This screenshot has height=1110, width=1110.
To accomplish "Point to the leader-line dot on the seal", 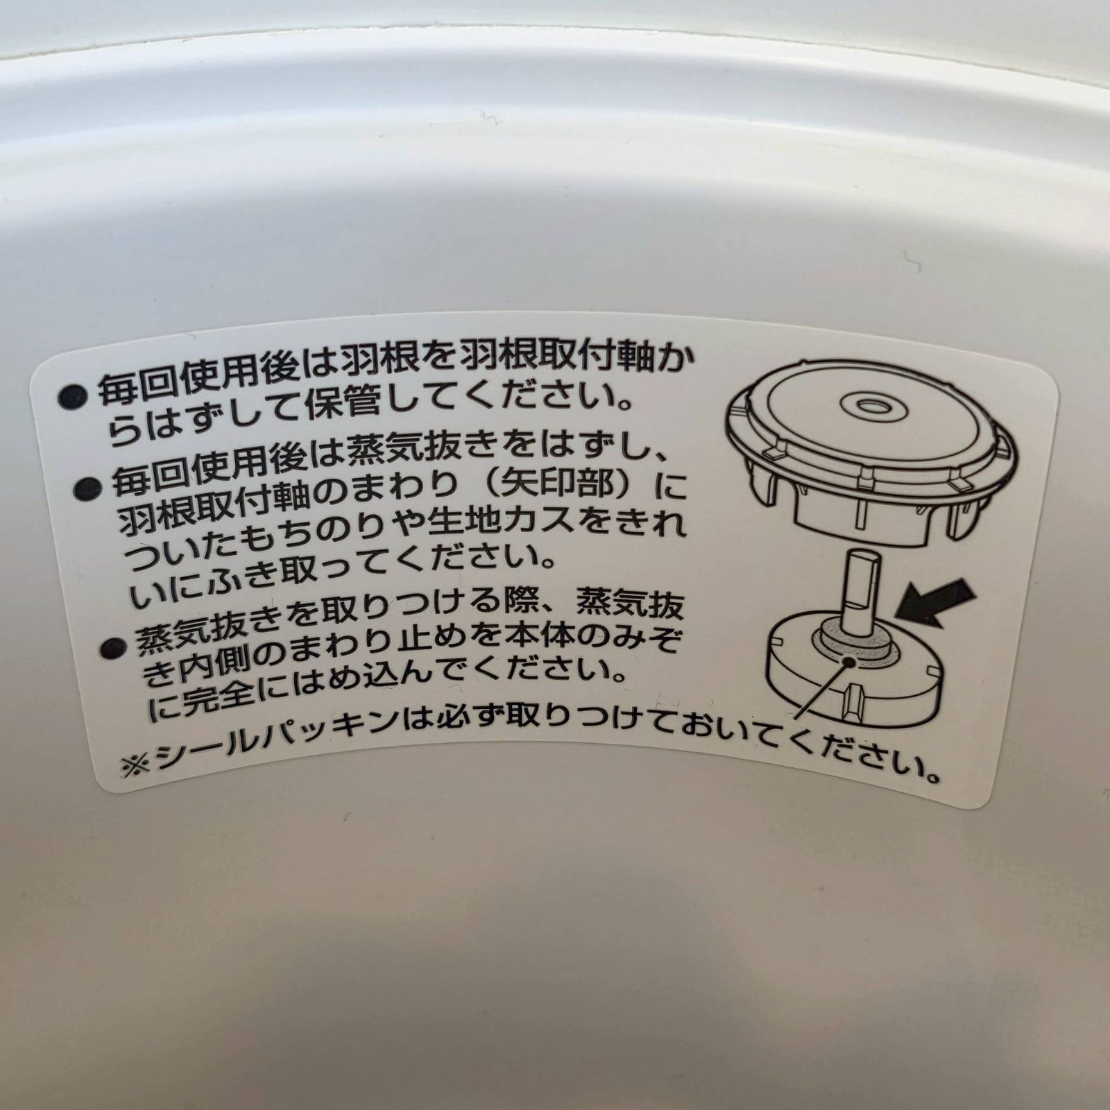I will [x=848, y=661].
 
